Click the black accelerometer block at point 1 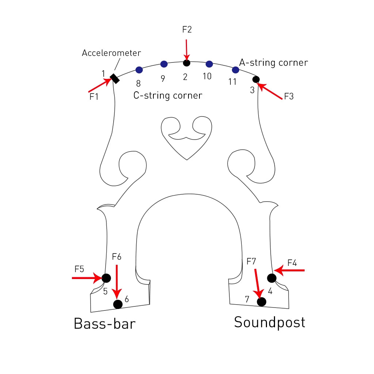[x=115, y=79]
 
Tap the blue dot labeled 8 [x=139, y=70]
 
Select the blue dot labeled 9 [x=164, y=64]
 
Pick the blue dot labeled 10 [x=209, y=64]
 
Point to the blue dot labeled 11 [x=236, y=70]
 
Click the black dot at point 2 [x=187, y=63]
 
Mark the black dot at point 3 [x=256, y=79]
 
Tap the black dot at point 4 [x=271, y=278]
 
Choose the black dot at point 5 [x=106, y=278]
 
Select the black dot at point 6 [x=118, y=304]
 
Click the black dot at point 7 [x=262, y=302]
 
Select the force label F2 [x=187, y=30]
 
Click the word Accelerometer [x=111, y=53]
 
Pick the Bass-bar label [x=104, y=324]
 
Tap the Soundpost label [x=270, y=322]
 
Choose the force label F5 [x=79, y=269]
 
